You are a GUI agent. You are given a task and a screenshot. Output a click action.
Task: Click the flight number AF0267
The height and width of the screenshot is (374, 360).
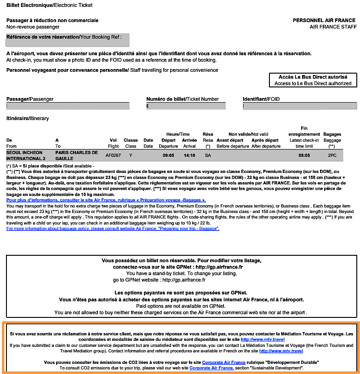point(113,155)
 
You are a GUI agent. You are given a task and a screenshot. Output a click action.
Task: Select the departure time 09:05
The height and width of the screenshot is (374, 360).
point(168,155)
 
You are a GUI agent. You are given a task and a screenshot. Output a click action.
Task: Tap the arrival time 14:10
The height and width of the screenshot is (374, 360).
point(189,155)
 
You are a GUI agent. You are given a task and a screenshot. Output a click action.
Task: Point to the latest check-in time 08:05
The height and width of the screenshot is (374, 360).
point(304,155)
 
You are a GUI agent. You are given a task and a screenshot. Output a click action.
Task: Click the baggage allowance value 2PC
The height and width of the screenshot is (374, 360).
point(332,155)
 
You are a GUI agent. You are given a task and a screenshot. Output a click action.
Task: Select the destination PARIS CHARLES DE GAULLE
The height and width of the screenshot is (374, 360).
point(77,155)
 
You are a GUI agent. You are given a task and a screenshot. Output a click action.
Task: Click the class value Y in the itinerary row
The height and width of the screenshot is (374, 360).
point(131,155)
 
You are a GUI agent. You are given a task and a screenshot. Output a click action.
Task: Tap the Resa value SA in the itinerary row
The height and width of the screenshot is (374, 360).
point(208,155)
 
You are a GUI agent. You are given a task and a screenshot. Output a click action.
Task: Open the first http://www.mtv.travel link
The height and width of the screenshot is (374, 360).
point(269,339)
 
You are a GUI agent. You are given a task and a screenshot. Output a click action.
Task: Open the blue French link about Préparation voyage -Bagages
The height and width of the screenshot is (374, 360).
point(106,201)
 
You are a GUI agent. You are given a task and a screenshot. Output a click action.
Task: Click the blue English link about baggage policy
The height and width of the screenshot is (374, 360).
point(113,228)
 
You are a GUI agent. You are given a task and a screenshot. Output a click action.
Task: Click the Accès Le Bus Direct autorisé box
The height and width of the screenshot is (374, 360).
point(313,80)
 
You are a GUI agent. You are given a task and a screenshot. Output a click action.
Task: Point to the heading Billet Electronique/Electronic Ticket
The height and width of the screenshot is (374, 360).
point(49,6)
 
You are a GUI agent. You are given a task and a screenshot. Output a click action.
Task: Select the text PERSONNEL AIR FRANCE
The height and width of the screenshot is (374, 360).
point(324,20)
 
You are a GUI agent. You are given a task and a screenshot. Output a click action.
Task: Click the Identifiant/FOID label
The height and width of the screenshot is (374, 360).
point(261,99)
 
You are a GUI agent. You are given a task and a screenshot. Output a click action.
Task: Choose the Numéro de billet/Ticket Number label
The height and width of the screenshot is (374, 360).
point(183,99)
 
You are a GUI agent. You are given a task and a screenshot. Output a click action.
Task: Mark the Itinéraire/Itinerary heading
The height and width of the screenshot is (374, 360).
point(28,119)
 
